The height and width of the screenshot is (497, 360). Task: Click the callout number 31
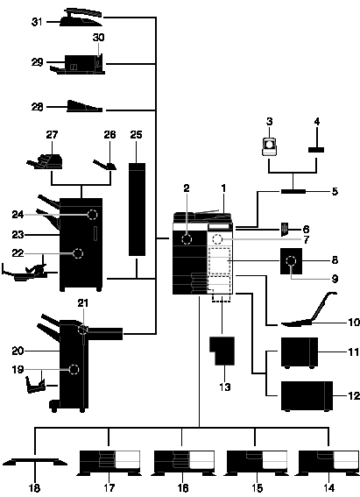pyautogui.click(x=37, y=22)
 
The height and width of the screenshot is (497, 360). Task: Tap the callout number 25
pyautogui.click(x=136, y=135)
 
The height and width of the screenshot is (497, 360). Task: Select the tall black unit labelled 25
pyautogui.click(x=138, y=209)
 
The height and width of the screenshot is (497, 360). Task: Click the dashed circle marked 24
pyautogui.click(x=92, y=215)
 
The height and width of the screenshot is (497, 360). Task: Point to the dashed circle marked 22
pyautogui.click(x=77, y=253)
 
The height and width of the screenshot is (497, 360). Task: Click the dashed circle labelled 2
pyautogui.click(x=187, y=239)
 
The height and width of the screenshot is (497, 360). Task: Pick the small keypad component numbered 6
pyautogui.click(x=285, y=229)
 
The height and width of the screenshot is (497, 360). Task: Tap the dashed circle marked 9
pyautogui.click(x=291, y=261)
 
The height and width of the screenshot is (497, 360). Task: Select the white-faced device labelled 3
pyautogui.click(x=269, y=146)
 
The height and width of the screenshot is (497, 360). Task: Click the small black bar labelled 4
pyautogui.click(x=316, y=150)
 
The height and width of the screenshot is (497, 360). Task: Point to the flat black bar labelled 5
pyautogui.click(x=293, y=191)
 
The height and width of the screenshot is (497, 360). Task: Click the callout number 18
pyautogui.click(x=34, y=488)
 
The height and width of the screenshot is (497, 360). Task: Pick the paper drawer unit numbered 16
pyautogui.click(x=183, y=463)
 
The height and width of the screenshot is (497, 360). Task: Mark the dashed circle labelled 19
pyautogui.click(x=74, y=370)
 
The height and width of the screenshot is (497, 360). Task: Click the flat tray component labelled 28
pyautogui.click(x=85, y=107)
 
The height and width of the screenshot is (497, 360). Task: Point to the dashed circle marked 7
pyautogui.click(x=217, y=239)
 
